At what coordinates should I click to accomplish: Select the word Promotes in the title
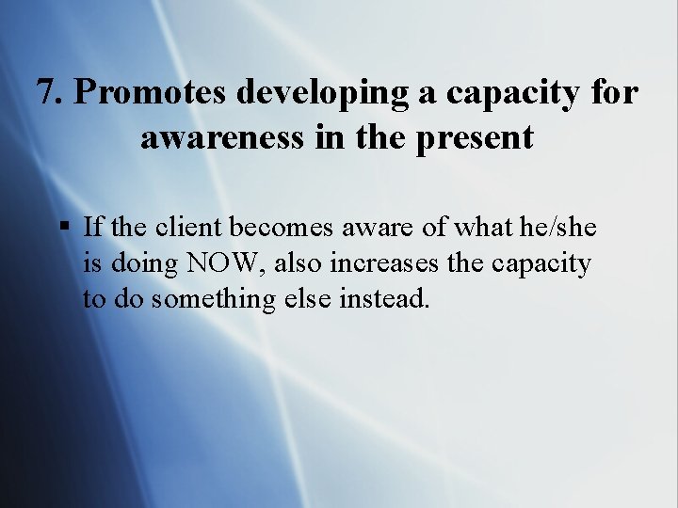click(153, 92)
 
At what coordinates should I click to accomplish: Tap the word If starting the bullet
click(93, 227)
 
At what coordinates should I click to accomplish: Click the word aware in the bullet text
click(363, 227)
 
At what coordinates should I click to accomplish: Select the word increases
click(387, 263)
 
